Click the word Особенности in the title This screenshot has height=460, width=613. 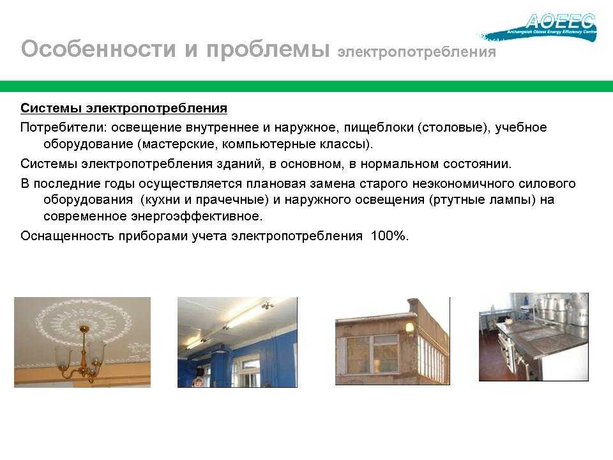click(x=98, y=49)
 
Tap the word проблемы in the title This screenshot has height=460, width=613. click(x=268, y=50)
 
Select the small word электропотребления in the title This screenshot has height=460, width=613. click(x=417, y=52)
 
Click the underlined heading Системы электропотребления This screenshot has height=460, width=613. click(x=123, y=108)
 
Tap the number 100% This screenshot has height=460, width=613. click(x=390, y=236)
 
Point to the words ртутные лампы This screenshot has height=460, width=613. click(x=482, y=200)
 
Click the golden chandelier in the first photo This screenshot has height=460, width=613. click(x=82, y=353)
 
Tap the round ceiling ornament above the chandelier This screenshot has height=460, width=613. click(x=82, y=324)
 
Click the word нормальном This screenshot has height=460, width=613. click(x=400, y=164)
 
